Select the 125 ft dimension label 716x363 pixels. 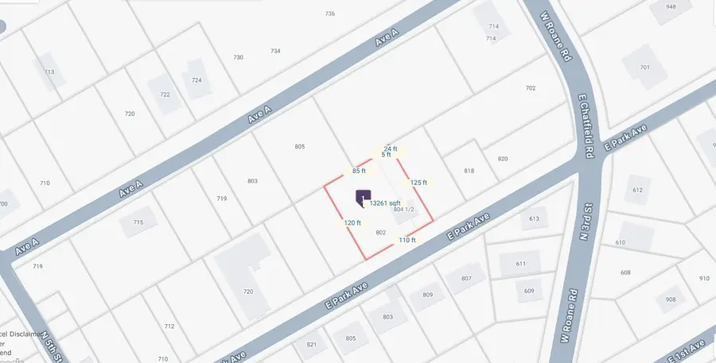coord(418,182)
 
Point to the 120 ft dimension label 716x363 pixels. coord(352,223)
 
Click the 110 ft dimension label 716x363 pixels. coord(407,240)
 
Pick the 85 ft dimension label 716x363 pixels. coord(359,171)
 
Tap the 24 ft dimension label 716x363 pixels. coord(390,149)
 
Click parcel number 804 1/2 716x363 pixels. coord(404,210)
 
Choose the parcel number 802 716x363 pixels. coord(380,232)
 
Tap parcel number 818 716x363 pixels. coord(469,172)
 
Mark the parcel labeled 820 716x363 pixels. coord(502,159)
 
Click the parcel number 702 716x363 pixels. coord(531,88)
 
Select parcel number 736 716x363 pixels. coord(330,14)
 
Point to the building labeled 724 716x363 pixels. coord(197,80)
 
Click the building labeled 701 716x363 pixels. coord(644,67)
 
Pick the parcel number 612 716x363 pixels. coord(637,191)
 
